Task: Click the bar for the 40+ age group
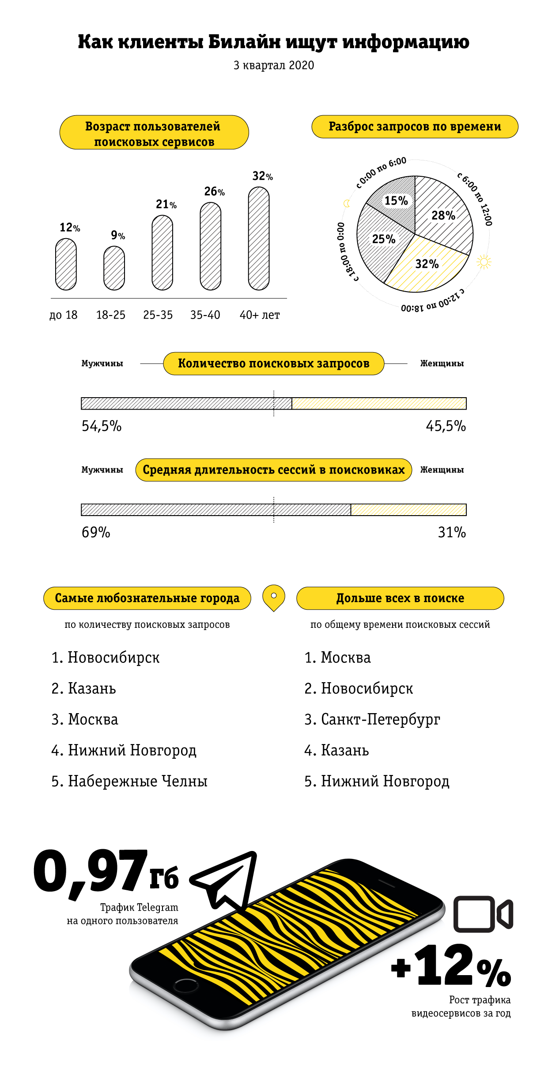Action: pos(259,238)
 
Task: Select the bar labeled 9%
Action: pos(114,268)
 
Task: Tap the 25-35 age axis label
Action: pos(158,315)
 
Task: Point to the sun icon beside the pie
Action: pos(484,262)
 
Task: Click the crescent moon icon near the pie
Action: pos(347,203)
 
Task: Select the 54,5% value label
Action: pos(102,426)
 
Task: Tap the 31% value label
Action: pos(452,532)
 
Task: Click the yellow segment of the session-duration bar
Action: pos(408,509)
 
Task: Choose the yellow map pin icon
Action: pos(274,598)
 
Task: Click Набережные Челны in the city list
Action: pos(129,781)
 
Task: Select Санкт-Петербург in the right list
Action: pos(372,719)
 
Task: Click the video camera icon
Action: pos(483,914)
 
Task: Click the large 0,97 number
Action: pos(91,871)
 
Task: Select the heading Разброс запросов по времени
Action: pos(415,127)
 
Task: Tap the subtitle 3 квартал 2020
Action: pos(274,65)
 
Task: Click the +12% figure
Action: pos(451,966)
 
